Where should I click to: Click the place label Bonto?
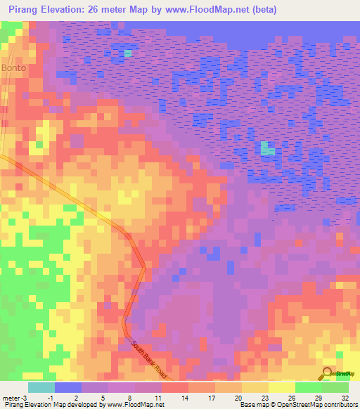13,68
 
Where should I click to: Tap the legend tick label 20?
239,398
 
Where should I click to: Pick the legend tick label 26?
292,398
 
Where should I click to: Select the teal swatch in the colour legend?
41,387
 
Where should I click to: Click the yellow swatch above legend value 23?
255,387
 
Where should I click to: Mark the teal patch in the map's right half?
267,148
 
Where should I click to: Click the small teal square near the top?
128,53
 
